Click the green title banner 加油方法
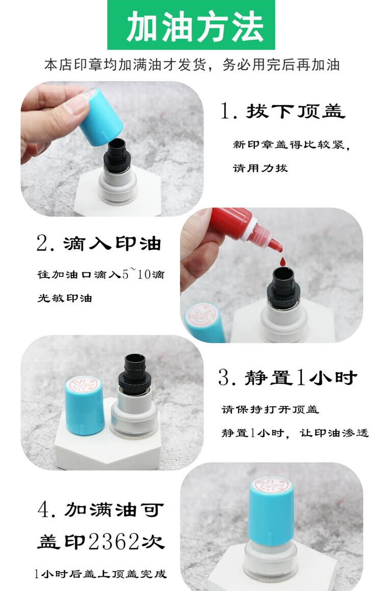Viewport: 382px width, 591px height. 191,25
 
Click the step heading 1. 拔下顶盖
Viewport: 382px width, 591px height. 283,111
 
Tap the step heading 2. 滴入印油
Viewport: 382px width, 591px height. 99,243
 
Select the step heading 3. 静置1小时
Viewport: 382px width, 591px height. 287,377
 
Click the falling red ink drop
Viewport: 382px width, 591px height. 282,261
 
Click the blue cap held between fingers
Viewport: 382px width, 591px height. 100,117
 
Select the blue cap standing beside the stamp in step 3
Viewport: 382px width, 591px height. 85,406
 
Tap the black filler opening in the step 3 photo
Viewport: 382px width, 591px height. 135,360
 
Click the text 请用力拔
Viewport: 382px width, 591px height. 260,167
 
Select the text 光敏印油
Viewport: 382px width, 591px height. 65,298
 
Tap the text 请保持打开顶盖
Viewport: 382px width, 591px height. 270,409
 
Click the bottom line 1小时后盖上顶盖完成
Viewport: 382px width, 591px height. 100,574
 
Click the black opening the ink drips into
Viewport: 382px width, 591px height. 283,274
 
